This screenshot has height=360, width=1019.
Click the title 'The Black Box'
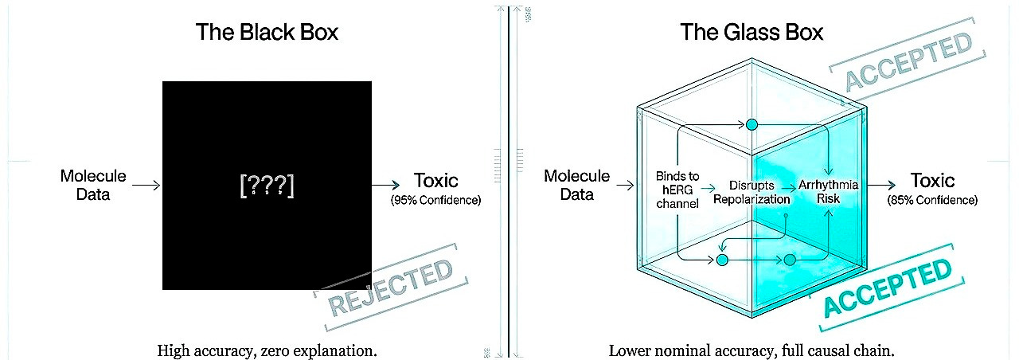pyautogui.click(x=267, y=33)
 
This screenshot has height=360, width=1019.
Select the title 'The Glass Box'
pyautogui.click(x=752, y=33)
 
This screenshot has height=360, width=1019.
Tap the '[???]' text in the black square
pyautogui.click(x=267, y=185)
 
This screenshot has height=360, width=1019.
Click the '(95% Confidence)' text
pyautogui.click(x=435, y=201)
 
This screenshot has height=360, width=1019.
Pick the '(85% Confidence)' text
pyautogui.click(x=932, y=201)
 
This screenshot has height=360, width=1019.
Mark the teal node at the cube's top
pyautogui.click(x=751, y=124)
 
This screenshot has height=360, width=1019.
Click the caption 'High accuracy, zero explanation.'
pyautogui.click(x=267, y=350)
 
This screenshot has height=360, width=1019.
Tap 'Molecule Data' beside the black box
pyautogui.click(x=93, y=185)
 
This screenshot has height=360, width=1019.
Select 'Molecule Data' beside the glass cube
pyautogui.click(x=577, y=185)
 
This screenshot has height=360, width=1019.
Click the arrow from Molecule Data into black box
pyautogui.click(x=146, y=185)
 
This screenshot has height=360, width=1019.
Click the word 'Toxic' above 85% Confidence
pyautogui.click(x=932, y=181)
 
